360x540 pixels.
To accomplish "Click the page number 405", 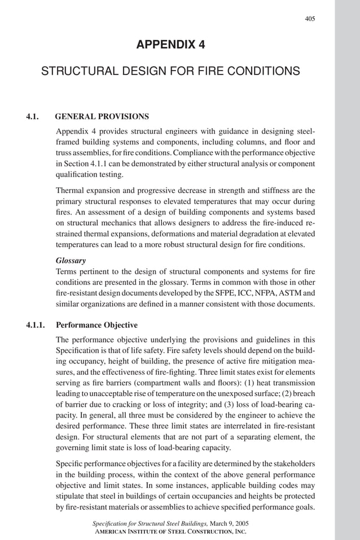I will [x=310, y=19].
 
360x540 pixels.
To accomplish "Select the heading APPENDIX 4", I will [x=170, y=45].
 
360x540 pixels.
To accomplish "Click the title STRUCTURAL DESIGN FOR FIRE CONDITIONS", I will [x=170, y=72].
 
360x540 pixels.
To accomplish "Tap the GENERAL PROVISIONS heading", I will [x=102, y=117].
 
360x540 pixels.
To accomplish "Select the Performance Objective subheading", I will [x=96, y=325].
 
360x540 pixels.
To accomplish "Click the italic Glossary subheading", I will [x=71, y=261].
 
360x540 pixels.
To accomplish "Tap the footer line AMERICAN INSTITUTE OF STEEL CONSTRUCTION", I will [x=170, y=532].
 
